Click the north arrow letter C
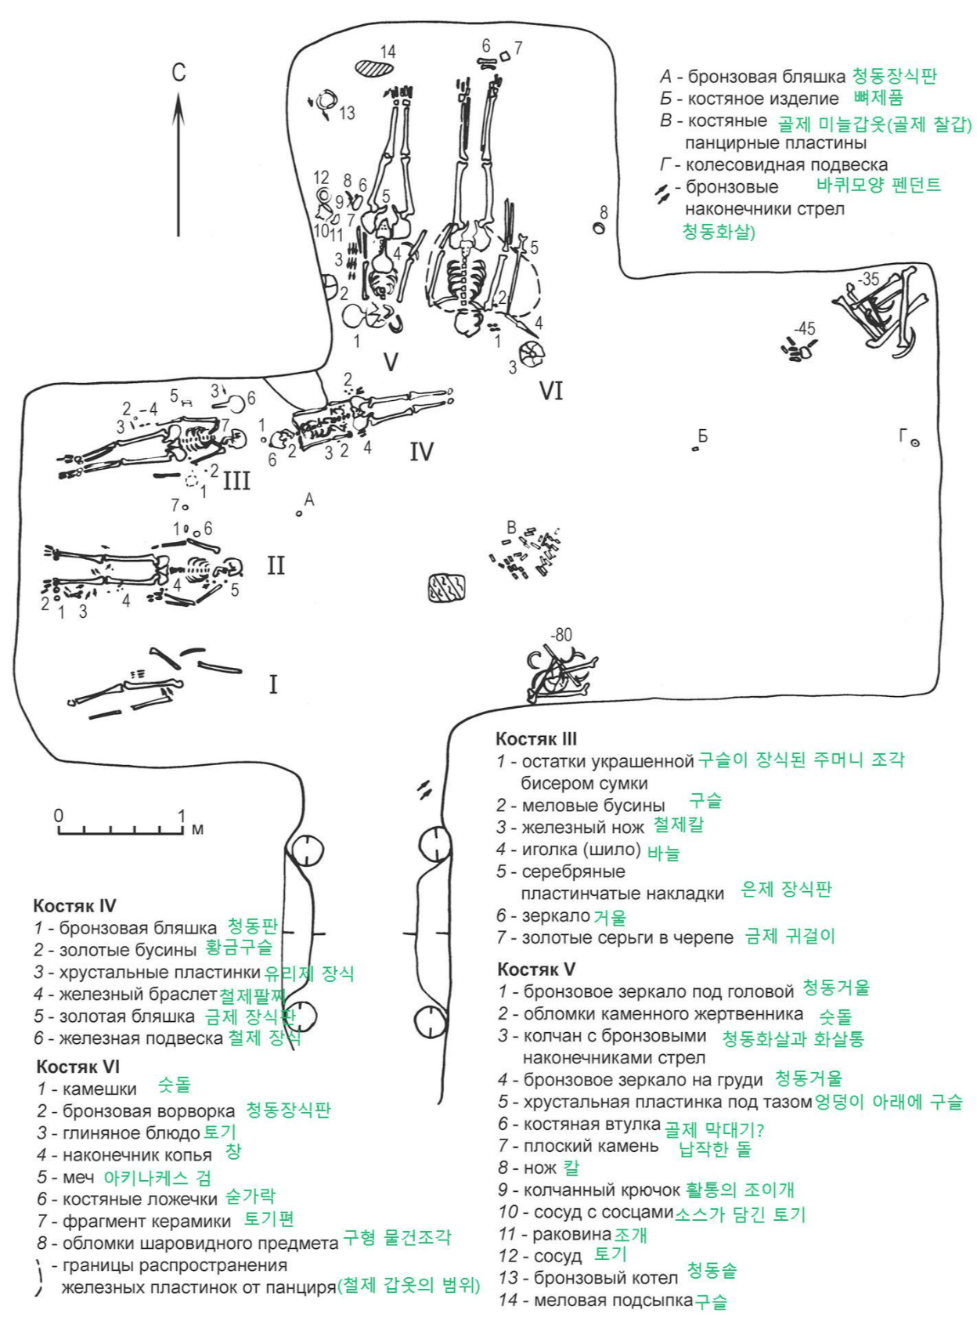click(x=178, y=73)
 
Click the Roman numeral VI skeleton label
click(x=551, y=390)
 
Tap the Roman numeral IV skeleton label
click(x=421, y=451)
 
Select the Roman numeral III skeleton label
click(x=236, y=479)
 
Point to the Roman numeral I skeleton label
click(x=272, y=684)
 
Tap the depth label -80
click(x=561, y=634)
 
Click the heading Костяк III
click(x=536, y=738)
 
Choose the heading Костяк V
click(x=535, y=969)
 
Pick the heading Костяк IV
click(x=74, y=905)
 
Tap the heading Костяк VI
click(x=78, y=1067)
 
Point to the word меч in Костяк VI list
click(x=78, y=1177)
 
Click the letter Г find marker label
click(x=904, y=435)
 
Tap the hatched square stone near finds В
click(x=446, y=588)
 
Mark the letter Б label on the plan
click(x=702, y=436)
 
